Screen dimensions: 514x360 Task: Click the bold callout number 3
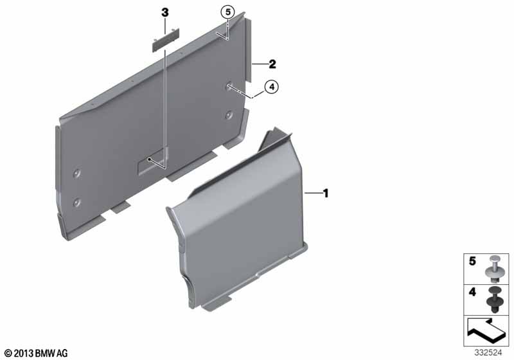pyautogui.click(x=165, y=13)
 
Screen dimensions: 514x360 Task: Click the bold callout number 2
pyautogui.click(x=272, y=64)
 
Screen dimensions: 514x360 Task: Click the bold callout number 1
pyautogui.click(x=326, y=193)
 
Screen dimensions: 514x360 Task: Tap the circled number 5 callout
pyautogui.click(x=227, y=12)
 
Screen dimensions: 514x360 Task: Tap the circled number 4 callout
pyautogui.click(x=271, y=87)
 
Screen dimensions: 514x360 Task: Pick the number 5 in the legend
pyautogui.click(x=472, y=261)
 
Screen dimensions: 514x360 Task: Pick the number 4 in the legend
pyautogui.click(x=472, y=292)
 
